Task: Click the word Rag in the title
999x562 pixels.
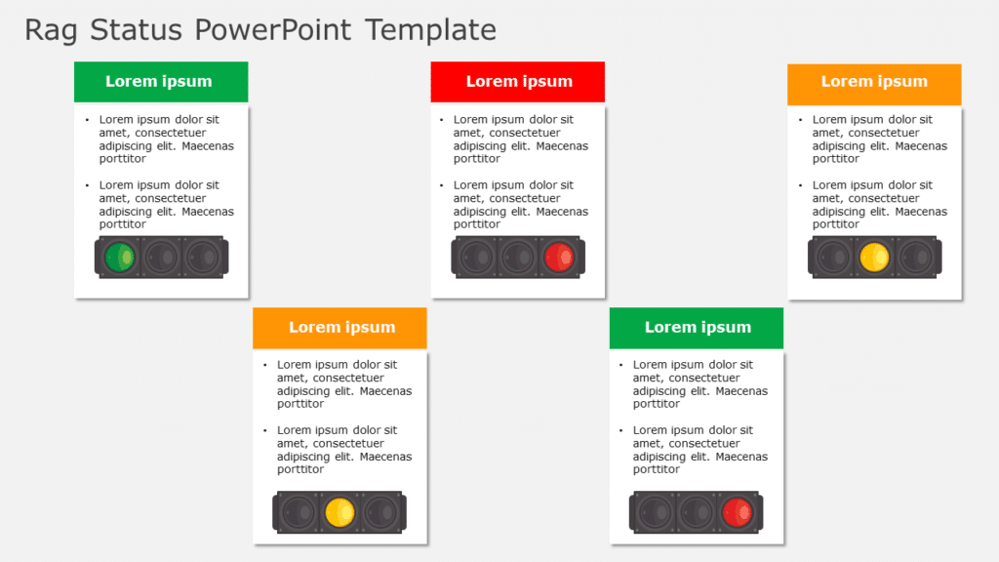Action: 51,30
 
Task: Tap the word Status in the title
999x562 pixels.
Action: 136,30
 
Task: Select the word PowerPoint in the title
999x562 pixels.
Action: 273,30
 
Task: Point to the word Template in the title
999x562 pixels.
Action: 430,30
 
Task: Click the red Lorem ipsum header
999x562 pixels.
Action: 518,82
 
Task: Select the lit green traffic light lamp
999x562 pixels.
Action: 120,258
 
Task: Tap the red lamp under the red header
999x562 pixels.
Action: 559,258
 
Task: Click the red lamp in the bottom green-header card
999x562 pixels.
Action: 738,512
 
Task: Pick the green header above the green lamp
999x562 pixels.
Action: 161,82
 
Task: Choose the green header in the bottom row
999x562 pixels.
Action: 697,328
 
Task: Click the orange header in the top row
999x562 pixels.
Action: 874,84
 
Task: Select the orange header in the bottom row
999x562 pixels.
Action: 340,328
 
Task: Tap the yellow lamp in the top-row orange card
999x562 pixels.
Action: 874,258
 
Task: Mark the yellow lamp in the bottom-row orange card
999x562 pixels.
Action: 340,512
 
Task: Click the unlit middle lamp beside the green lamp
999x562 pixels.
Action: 161,258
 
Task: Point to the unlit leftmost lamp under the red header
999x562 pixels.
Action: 476,258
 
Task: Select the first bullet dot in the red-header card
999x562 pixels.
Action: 441,120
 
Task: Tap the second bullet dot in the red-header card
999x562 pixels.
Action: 441,185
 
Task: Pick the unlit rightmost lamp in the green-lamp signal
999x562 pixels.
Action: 203,258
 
